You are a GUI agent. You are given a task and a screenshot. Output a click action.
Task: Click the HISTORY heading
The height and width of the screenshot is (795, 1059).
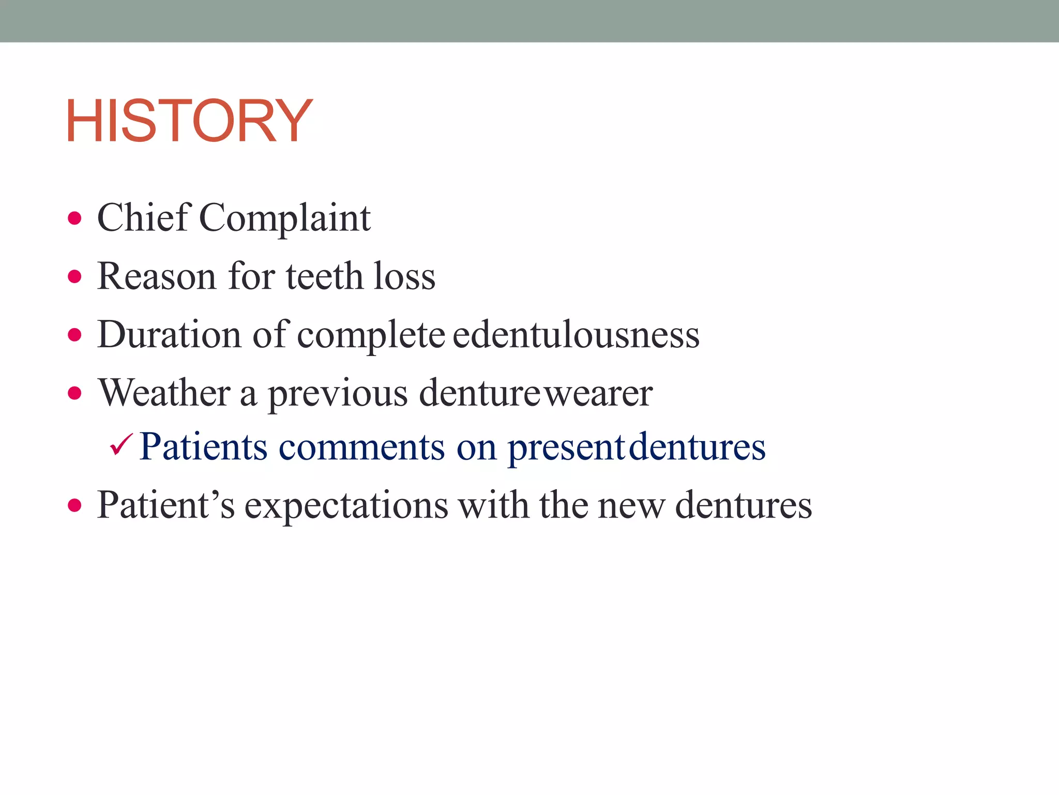coord(189,121)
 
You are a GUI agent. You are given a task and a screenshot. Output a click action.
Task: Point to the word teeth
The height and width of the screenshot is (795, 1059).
coord(324,276)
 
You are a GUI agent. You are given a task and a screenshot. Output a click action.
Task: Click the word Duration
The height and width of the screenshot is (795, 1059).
coord(169,334)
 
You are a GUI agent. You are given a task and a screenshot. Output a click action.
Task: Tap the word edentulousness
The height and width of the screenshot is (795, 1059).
coord(576,334)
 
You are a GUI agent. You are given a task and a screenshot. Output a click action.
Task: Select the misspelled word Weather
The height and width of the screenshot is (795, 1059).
coord(164,393)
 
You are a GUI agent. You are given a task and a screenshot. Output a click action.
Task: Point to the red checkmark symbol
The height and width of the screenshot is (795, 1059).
coord(122,445)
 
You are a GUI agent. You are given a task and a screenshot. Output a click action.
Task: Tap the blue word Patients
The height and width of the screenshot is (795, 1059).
coord(203,447)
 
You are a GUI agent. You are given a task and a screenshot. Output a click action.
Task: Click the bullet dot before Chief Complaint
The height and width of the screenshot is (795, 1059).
coord(75,218)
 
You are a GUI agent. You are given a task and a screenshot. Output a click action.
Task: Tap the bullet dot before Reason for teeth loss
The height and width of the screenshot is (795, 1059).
coord(75,277)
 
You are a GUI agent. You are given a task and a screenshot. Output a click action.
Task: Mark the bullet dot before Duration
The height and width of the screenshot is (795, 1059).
coord(75,335)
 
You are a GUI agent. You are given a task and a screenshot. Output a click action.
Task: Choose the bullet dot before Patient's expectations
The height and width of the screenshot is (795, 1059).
coord(75,505)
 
